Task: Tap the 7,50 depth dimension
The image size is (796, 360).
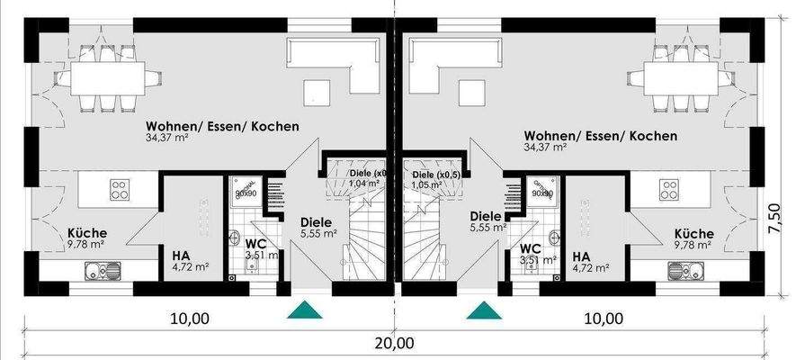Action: tap(774, 219)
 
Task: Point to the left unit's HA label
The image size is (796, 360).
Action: tap(181, 256)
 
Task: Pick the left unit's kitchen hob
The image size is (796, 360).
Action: tap(120, 189)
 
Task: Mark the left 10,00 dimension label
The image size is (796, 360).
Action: tap(189, 318)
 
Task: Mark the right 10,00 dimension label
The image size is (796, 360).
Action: tap(601, 318)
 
